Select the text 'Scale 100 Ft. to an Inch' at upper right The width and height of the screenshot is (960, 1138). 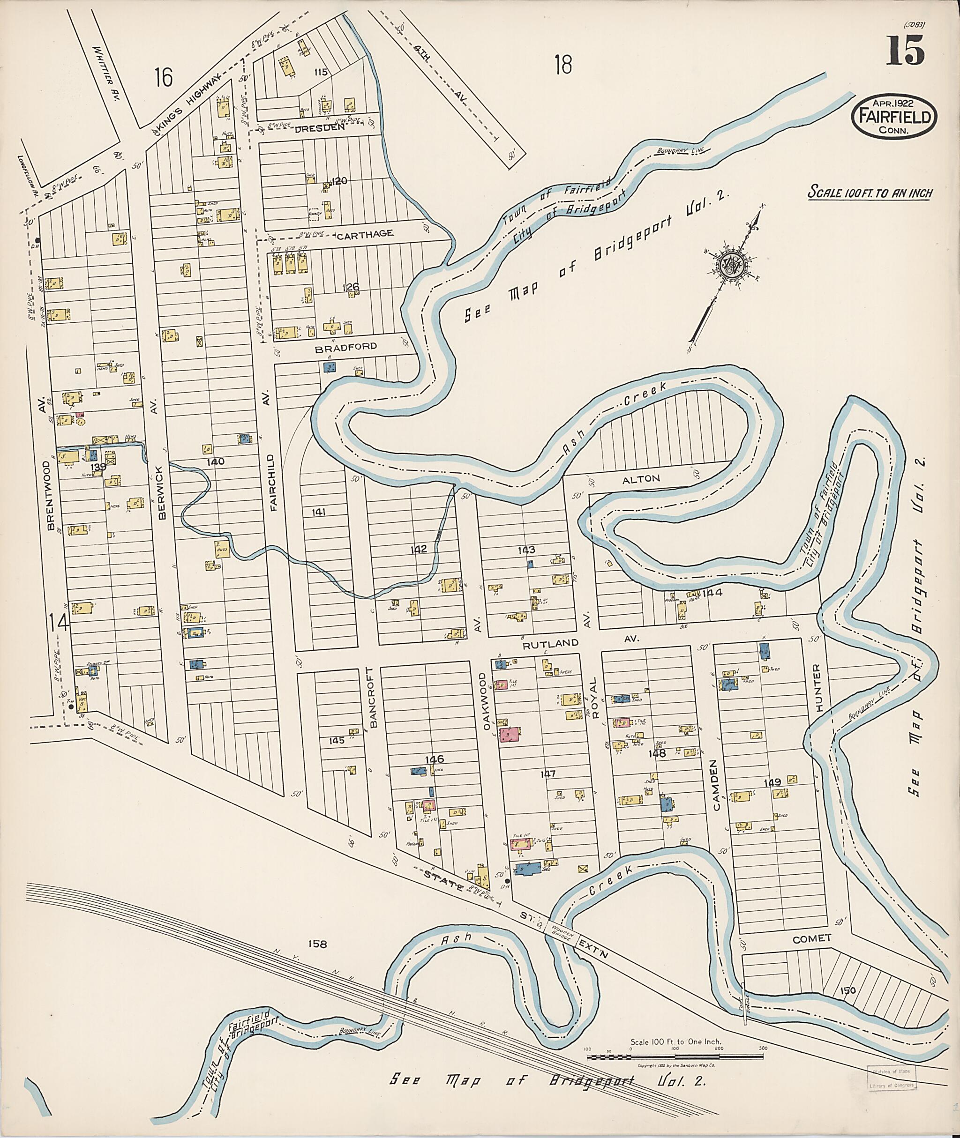coord(870,193)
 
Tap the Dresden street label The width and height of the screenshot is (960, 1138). coord(320,128)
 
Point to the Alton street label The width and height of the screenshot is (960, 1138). coord(648,479)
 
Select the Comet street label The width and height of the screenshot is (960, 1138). coord(811,938)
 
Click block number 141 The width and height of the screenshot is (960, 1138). coord(318,512)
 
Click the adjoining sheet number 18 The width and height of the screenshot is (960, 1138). coord(563,65)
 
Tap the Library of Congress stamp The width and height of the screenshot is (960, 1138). coord(892,1077)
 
